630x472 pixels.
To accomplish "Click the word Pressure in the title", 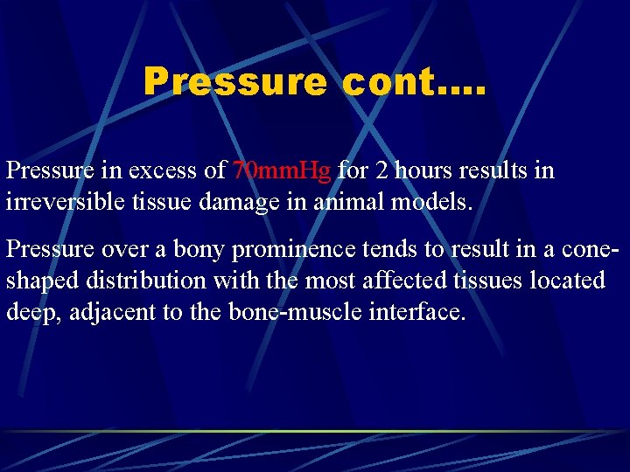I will click(x=234, y=82).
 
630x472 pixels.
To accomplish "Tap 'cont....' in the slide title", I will click(x=414, y=82).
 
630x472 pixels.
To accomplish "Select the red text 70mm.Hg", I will click(x=283, y=170).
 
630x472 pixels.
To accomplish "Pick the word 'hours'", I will click(x=424, y=170).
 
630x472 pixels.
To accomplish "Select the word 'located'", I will click(x=572, y=281).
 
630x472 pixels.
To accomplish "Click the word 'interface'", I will click(x=418, y=313).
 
